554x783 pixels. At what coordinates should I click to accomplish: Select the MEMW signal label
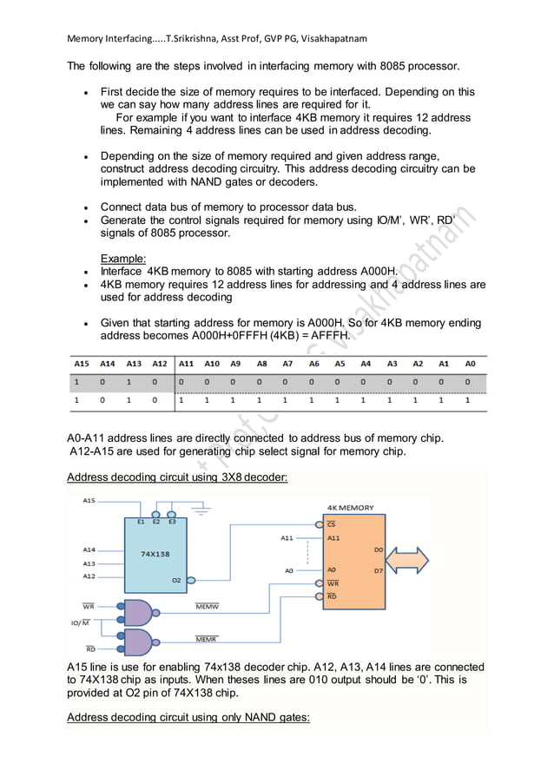point(206,607)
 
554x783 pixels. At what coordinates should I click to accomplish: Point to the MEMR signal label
point(206,640)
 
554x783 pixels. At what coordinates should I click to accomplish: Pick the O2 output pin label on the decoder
point(176,579)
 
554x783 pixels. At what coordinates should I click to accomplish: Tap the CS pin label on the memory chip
point(331,524)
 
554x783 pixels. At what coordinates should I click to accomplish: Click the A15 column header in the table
point(82,365)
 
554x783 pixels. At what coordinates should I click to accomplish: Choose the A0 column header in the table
point(469,365)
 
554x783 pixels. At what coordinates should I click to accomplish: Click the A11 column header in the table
point(186,365)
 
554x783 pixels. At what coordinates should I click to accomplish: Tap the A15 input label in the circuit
point(89,500)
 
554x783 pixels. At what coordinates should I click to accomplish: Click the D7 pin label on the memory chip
point(378,570)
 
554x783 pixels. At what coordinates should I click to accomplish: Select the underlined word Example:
point(123,258)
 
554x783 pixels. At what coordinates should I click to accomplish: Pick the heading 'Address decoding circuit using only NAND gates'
point(188,717)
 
